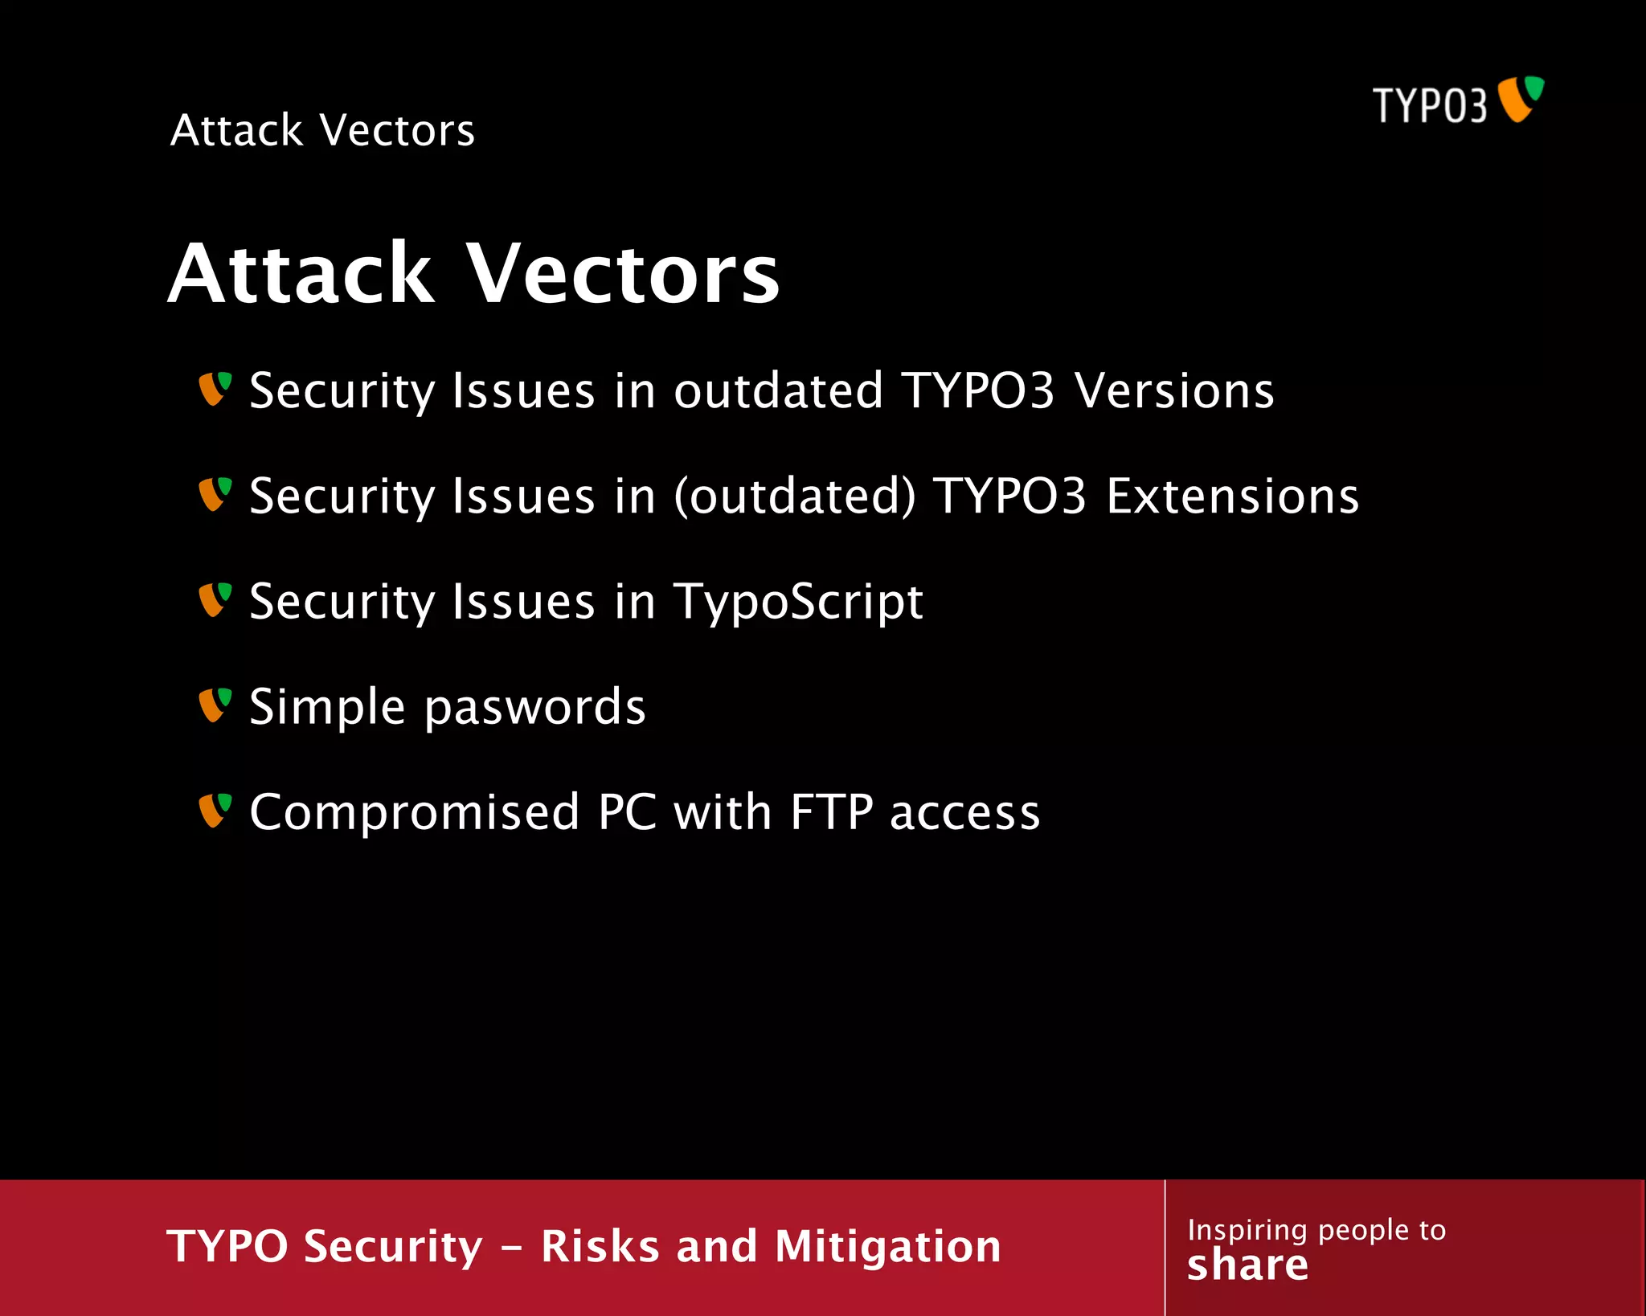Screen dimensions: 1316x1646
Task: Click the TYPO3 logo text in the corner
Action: click(x=1429, y=106)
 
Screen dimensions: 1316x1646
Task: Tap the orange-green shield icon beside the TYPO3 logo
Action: click(x=1521, y=99)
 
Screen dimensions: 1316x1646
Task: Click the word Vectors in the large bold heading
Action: click(x=623, y=275)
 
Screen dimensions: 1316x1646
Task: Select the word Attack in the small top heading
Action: click(x=236, y=130)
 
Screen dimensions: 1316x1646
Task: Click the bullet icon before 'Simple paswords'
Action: click(x=215, y=705)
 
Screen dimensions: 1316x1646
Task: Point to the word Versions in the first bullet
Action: click(x=1174, y=391)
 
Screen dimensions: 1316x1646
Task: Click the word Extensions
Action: click(x=1232, y=497)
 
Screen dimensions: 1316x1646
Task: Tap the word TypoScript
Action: click(x=798, y=603)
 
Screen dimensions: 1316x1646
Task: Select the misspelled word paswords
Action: click(x=534, y=708)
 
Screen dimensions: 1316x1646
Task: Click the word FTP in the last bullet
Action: click(x=831, y=812)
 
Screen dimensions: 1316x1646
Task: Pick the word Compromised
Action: click(x=415, y=812)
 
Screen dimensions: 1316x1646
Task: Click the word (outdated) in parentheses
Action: click(x=794, y=497)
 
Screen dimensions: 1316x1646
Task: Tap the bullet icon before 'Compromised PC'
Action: click(x=215, y=810)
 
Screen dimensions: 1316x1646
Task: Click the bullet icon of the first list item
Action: click(x=215, y=388)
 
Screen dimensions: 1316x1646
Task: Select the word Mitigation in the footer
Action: click(x=887, y=1247)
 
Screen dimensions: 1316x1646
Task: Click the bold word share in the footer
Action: click(x=1247, y=1265)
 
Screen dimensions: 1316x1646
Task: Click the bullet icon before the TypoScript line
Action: click(x=215, y=599)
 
